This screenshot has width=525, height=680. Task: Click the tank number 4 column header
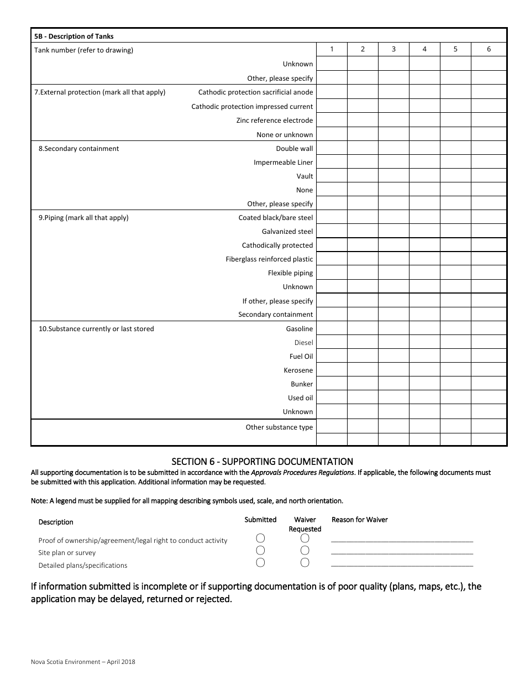click(x=424, y=49)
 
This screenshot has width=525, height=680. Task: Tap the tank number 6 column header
click(x=489, y=49)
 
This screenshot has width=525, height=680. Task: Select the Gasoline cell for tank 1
click(x=332, y=328)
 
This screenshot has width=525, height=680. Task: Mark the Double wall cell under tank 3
click(x=393, y=148)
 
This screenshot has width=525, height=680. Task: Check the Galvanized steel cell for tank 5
click(x=455, y=232)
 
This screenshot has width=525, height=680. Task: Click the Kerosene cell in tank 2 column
click(x=363, y=370)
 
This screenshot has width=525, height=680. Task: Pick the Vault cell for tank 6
click(x=489, y=176)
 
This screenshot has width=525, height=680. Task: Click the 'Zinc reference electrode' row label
click(x=274, y=121)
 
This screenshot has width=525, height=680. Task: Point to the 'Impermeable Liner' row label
click(x=283, y=163)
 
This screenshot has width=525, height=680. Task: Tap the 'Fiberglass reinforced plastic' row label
click(x=269, y=259)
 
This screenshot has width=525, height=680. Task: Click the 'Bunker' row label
click(x=302, y=384)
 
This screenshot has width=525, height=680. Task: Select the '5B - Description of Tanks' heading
click(x=74, y=36)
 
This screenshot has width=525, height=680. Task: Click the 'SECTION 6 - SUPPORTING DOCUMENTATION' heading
click(x=262, y=462)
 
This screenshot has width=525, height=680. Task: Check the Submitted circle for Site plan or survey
click(x=260, y=550)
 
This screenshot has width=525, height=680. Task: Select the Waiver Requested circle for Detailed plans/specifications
click(x=305, y=563)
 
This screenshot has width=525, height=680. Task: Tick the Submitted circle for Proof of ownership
click(x=260, y=538)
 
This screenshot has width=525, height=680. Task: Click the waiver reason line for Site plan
click(x=402, y=552)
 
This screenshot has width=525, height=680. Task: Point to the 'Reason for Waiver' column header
click(x=359, y=520)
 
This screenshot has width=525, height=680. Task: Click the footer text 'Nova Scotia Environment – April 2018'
click(x=83, y=662)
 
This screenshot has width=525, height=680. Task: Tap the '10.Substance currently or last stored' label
click(x=96, y=329)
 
